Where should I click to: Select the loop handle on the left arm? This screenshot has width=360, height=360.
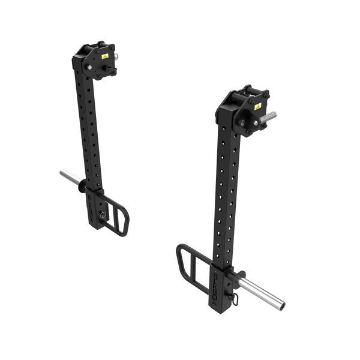pos(119,214)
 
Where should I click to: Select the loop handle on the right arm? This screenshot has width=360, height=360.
pos(191,264)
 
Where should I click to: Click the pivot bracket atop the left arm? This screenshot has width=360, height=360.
pos(96,60)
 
